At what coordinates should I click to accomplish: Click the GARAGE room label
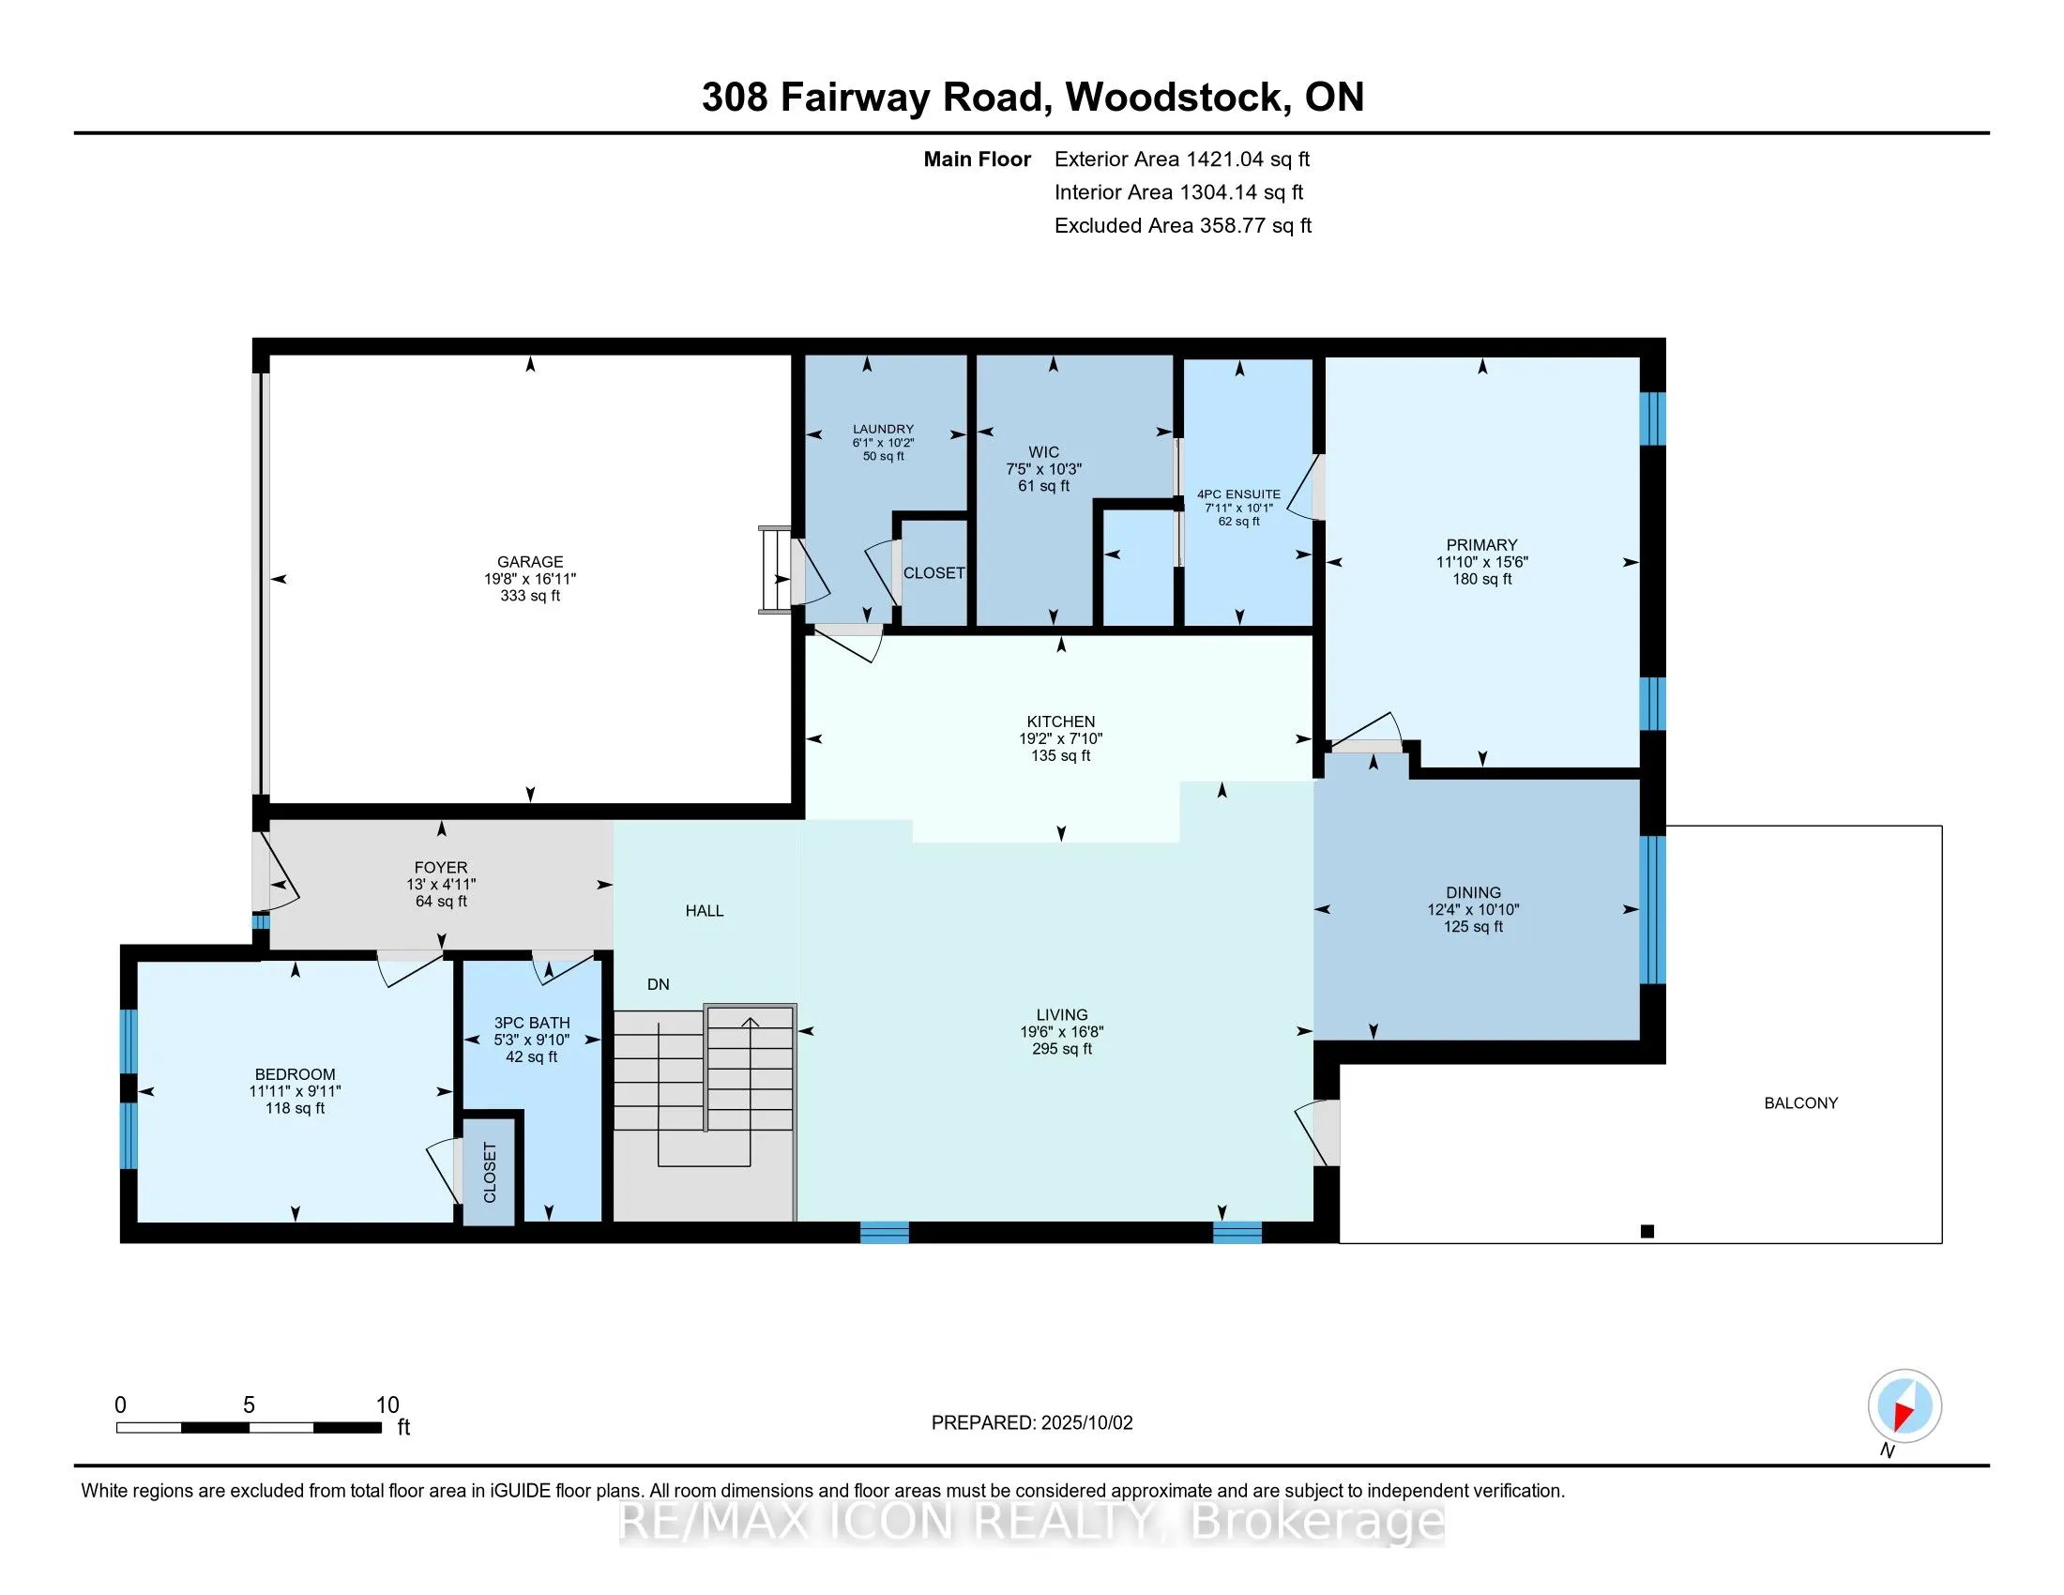(x=530, y=561)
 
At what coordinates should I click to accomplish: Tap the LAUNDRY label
(x=884, y=429)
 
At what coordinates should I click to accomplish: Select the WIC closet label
(x=1044, y=451)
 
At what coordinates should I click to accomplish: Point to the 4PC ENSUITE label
(x=1239, y=494)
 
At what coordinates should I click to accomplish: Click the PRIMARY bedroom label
(x=1481, y=545)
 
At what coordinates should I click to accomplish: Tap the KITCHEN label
(x=1061, y=722)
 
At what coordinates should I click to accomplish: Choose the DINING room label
(x=1473, y=892)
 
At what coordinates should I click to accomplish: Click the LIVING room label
(x=1062, y=1015)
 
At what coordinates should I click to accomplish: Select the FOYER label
(x=441, y=868)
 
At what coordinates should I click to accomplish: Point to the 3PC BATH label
(x=532, y=1023)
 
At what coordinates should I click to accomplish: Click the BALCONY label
(x=1801, y=1102)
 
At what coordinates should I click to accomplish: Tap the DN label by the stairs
(x=659, y=984)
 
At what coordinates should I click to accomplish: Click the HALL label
(x=705, y=911)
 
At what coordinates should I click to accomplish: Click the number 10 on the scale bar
(x=387, y=1405)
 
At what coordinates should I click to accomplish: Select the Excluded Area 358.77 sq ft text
(x=1183, y=225)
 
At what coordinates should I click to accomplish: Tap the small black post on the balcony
(x=1647, y=1231)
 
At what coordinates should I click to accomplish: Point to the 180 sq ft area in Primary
(x=1481, y=579)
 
